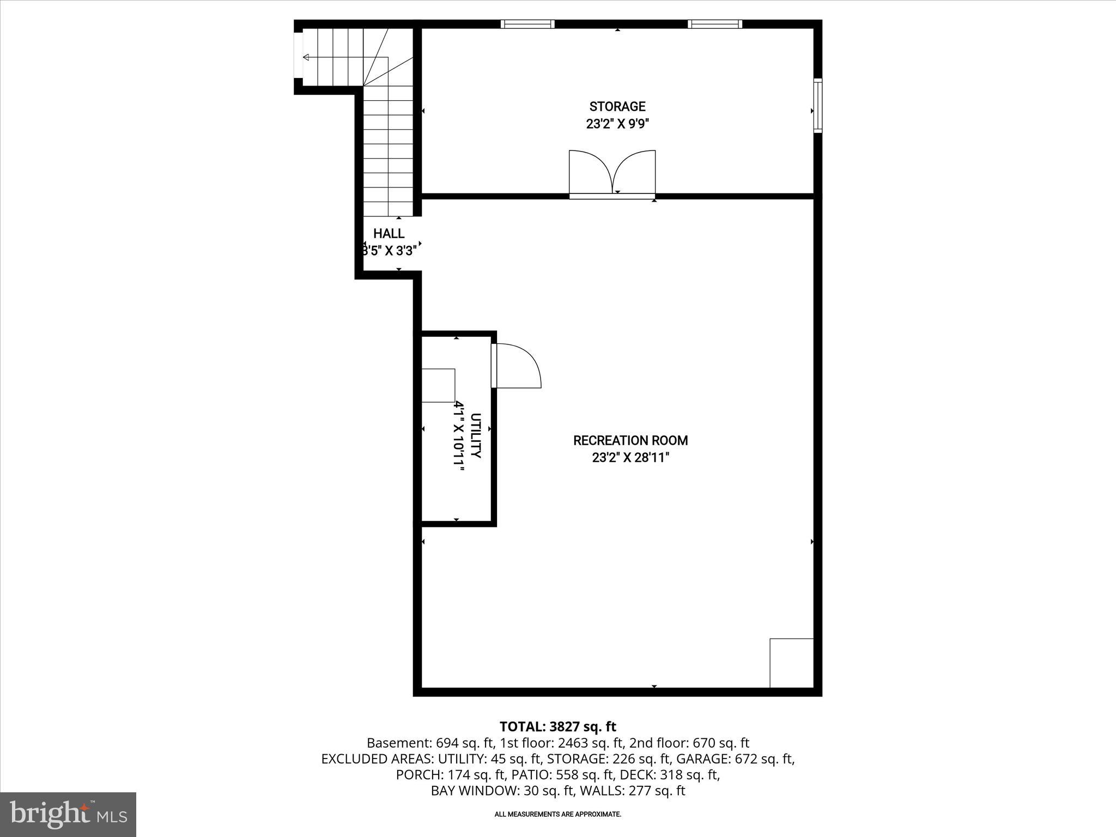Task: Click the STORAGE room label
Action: tap(617, 106)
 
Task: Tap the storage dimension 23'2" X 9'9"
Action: tap(617, 124)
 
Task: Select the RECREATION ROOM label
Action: tap(630, 440)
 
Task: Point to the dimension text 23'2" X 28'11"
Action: tap(630, 458)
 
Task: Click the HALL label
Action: tap(389, 234)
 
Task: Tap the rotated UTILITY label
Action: tap(476, 436)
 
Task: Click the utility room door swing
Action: tap(518, 366)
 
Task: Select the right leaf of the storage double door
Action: tap(635, 172)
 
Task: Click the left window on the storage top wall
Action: tap(527, 24)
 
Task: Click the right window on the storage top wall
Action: tap(714, 24)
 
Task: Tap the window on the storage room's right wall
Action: tap(818, 106)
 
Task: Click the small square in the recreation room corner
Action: tap(791, 663)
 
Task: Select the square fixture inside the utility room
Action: tap(438, 385)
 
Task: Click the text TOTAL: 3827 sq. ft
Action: tap(557, 726)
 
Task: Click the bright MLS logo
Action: tap(68, 814)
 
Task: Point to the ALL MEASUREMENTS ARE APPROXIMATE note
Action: tap(557, 814)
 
